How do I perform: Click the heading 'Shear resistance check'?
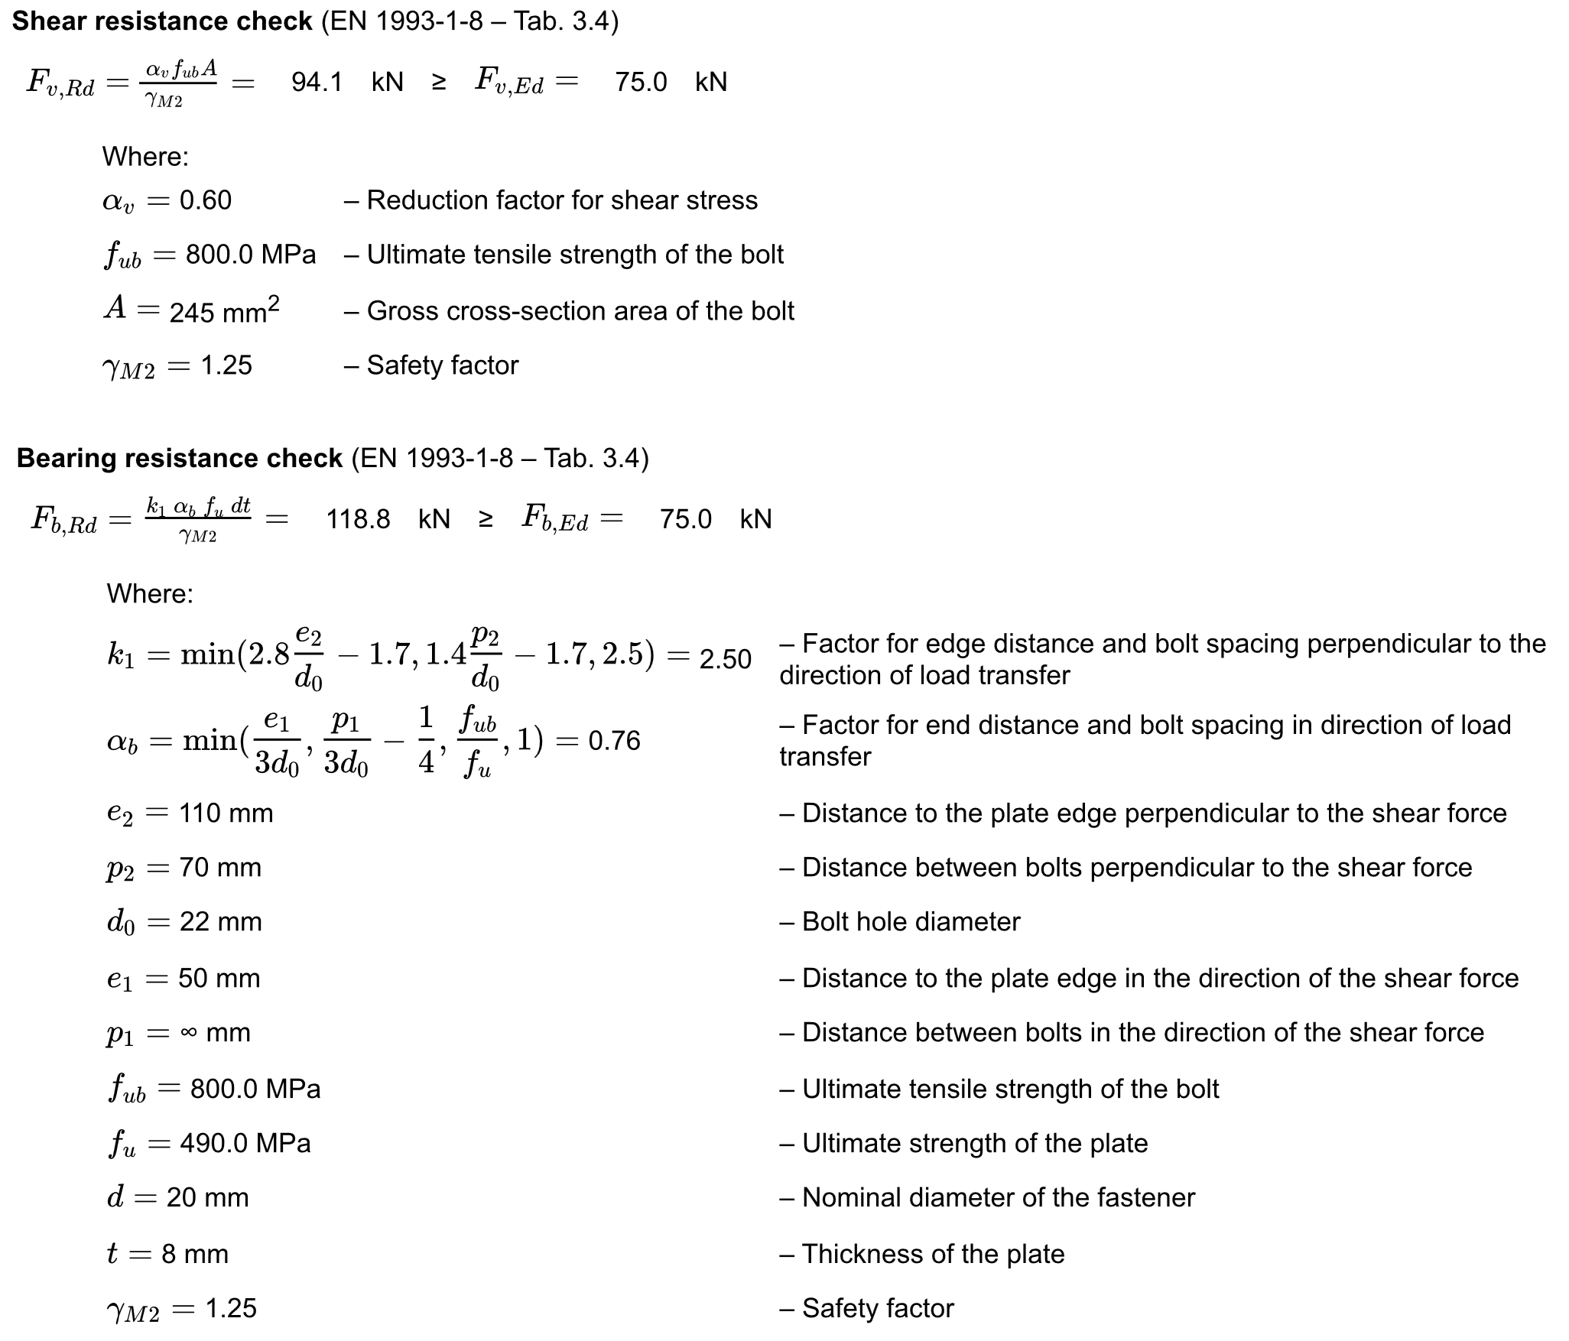pyautogui.click(x=162, y=21)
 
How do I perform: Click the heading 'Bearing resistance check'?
pyautogui.click(x=179, y=458)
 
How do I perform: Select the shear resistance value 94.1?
pyautogui.click(x=317, y=82)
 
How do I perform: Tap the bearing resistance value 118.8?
pyautogui.click(x=358, y=519)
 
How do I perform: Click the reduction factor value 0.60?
pyautogui.click(x=206, y=200)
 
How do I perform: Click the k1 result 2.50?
pyautogui.click(x=726, y=659)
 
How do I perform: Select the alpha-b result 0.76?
pyautogui.click(x=614, y=741)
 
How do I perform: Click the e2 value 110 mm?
pyautogui.click(x=226, y=813)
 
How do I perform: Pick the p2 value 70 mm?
pyautogui.click(x=220, y=868)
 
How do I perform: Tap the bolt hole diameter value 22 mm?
pyautogui.click(x=220, y=922)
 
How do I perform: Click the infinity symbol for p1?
pyautogui.click(x=189, y=1033)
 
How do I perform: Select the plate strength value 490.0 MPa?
pyautogui.click(x=245, y=1144)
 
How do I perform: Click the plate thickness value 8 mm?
pyautogui.click(x=195, y=1255)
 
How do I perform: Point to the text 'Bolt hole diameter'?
pyautogui.click(x=911, y=922)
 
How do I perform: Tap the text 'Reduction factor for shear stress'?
pyautogui.click(x=562, y=200)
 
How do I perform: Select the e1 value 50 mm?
pyautogui.click(x=219, y=979)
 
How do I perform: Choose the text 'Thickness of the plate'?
pyautogui.click(x=933, y=1255)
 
